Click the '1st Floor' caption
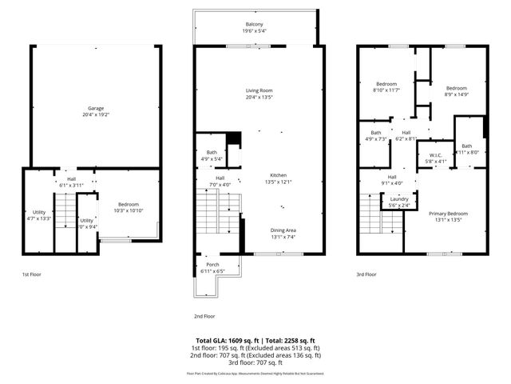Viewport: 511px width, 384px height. tap(32, 274)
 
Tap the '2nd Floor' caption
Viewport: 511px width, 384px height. tap(205, 316)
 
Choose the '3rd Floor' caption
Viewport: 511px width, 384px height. tap(366, 274)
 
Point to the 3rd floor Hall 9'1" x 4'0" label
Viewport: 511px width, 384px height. tap(392, 180)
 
